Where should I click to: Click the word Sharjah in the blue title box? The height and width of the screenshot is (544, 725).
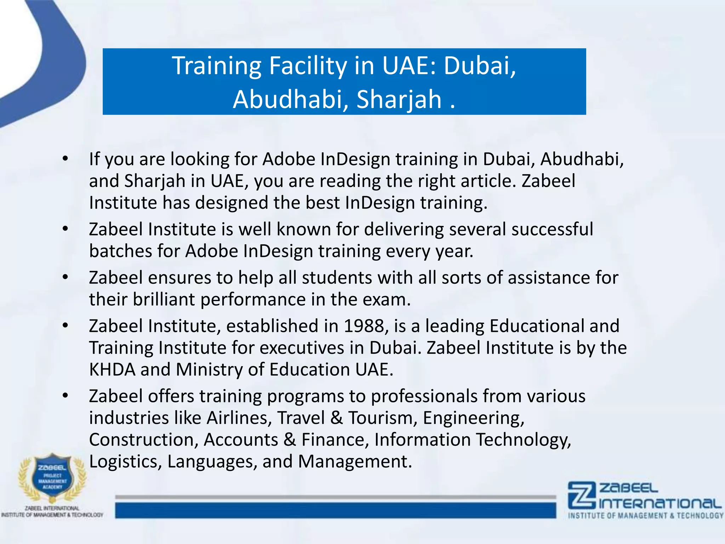click(x=399, y=99)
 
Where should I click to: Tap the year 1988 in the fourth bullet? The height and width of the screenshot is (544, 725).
click(x=364, y=326)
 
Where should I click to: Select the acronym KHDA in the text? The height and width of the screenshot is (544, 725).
click(x=112, y=369)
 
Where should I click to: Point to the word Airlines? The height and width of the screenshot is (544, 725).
click(x=239, y=418)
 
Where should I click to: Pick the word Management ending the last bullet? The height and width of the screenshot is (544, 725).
click(x=355, y=461)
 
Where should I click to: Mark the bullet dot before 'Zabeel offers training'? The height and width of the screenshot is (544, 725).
click(x=65, y=396)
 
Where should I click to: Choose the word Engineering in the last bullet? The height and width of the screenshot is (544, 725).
click(x=473, y=418)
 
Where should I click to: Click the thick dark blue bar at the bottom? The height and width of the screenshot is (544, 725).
click(x=335, y=510)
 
